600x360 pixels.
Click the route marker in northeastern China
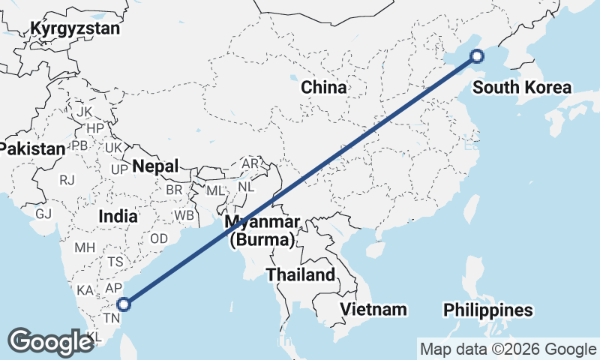476,55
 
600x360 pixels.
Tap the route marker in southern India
124,304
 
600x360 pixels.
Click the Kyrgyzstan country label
75,29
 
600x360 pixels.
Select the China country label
324,88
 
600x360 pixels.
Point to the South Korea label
522,88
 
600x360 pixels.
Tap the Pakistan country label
33,148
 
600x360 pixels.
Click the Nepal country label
156,166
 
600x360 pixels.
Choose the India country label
118,216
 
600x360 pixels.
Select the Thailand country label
301,274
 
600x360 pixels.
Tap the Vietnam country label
373,309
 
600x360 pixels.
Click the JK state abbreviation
84,112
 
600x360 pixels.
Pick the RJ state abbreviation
67,180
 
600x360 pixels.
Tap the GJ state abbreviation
44,214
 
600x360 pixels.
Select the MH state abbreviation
83,247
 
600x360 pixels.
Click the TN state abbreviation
111,318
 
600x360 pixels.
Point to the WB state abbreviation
184,215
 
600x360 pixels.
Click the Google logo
50,341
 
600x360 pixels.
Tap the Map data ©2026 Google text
508,349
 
